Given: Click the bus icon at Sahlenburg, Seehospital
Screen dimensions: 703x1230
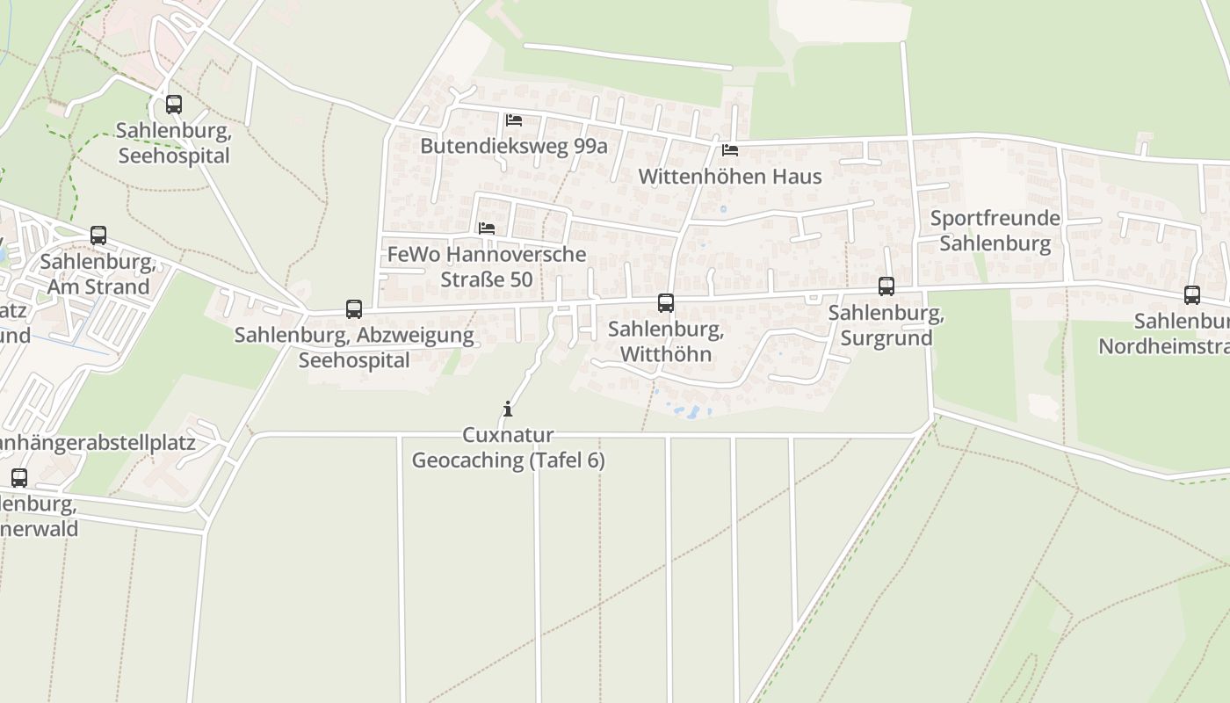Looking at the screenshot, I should coord(174,105).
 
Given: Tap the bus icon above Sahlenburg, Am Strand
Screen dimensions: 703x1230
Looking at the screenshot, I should coord(98,236).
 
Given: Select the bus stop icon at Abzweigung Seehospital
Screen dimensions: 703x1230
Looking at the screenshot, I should coord(354,309).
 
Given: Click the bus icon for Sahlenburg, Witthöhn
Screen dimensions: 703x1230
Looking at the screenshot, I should coord(666,303).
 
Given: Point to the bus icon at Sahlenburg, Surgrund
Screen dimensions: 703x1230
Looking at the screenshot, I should coord(886,286).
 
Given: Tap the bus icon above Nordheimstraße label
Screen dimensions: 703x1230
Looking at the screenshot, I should coord(1192,295).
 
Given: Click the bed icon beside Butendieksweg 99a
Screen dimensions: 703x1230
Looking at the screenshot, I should coord(514,120).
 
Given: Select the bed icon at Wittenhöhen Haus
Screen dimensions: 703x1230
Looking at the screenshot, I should coord(730,150).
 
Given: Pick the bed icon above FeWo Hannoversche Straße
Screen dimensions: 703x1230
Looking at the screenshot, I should coord(487,228).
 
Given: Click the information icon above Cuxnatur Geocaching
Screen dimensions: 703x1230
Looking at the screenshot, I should coord(508,409).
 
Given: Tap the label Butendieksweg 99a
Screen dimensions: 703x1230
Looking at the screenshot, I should coord(514,146).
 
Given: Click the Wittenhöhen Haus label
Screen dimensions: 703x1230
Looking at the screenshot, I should coord(730,176).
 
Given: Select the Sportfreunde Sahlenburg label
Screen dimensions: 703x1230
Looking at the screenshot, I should coord(995,230).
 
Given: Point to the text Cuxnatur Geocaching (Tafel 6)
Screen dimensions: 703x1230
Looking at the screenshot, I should coord(509,447).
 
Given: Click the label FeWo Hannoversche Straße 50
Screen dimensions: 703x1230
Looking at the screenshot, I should coord(487,266).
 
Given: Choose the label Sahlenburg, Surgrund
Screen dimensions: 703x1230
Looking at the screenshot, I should coord(886,325).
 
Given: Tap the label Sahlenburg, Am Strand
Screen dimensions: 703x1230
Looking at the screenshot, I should coord(98,274).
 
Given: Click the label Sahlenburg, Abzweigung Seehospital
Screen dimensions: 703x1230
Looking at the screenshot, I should coord(354,347).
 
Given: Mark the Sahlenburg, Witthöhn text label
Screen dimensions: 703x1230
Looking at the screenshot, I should coord(666,342).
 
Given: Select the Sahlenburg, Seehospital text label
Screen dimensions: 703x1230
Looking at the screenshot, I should coord(174,143).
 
